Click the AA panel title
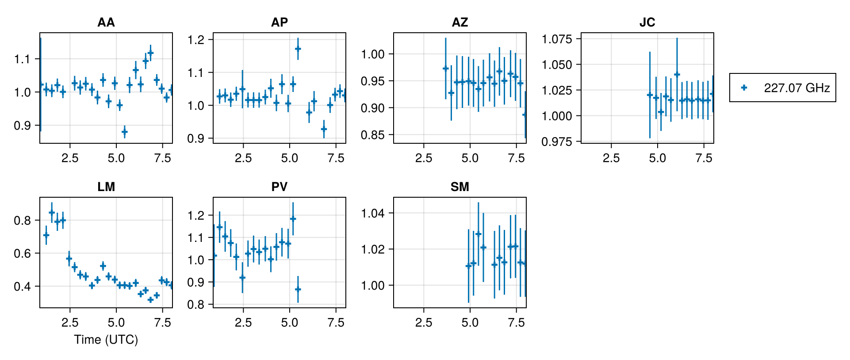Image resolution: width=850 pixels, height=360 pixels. (x=106, y=23)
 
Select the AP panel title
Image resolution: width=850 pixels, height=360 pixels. (x=280, y=23)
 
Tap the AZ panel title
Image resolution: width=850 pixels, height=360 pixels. (x=460, y=23)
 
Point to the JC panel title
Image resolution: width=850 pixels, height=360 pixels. (x=647, y=23)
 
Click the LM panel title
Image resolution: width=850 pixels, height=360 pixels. (x=106, y=187)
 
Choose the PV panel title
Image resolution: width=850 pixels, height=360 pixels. (x=280, y=187)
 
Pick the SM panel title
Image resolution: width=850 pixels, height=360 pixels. (x=460, y=187)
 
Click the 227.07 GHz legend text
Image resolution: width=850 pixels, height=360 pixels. (x=796, y=88)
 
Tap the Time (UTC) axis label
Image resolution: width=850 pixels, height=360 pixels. (x=106, y=340)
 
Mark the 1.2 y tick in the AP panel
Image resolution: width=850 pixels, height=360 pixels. (x=196, y=40)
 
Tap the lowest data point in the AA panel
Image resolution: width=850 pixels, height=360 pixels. (x=124, y=132)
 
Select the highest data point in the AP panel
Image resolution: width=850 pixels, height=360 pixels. (x=298, y=49)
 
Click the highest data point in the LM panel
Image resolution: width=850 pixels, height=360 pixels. (x=52, y=212)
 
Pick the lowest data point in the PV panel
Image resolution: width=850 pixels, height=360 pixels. (x=298, y=289)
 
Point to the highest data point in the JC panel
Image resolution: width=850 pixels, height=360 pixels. (x=677, y=74)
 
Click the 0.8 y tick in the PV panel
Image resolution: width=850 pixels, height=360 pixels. (x=196, y=305)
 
